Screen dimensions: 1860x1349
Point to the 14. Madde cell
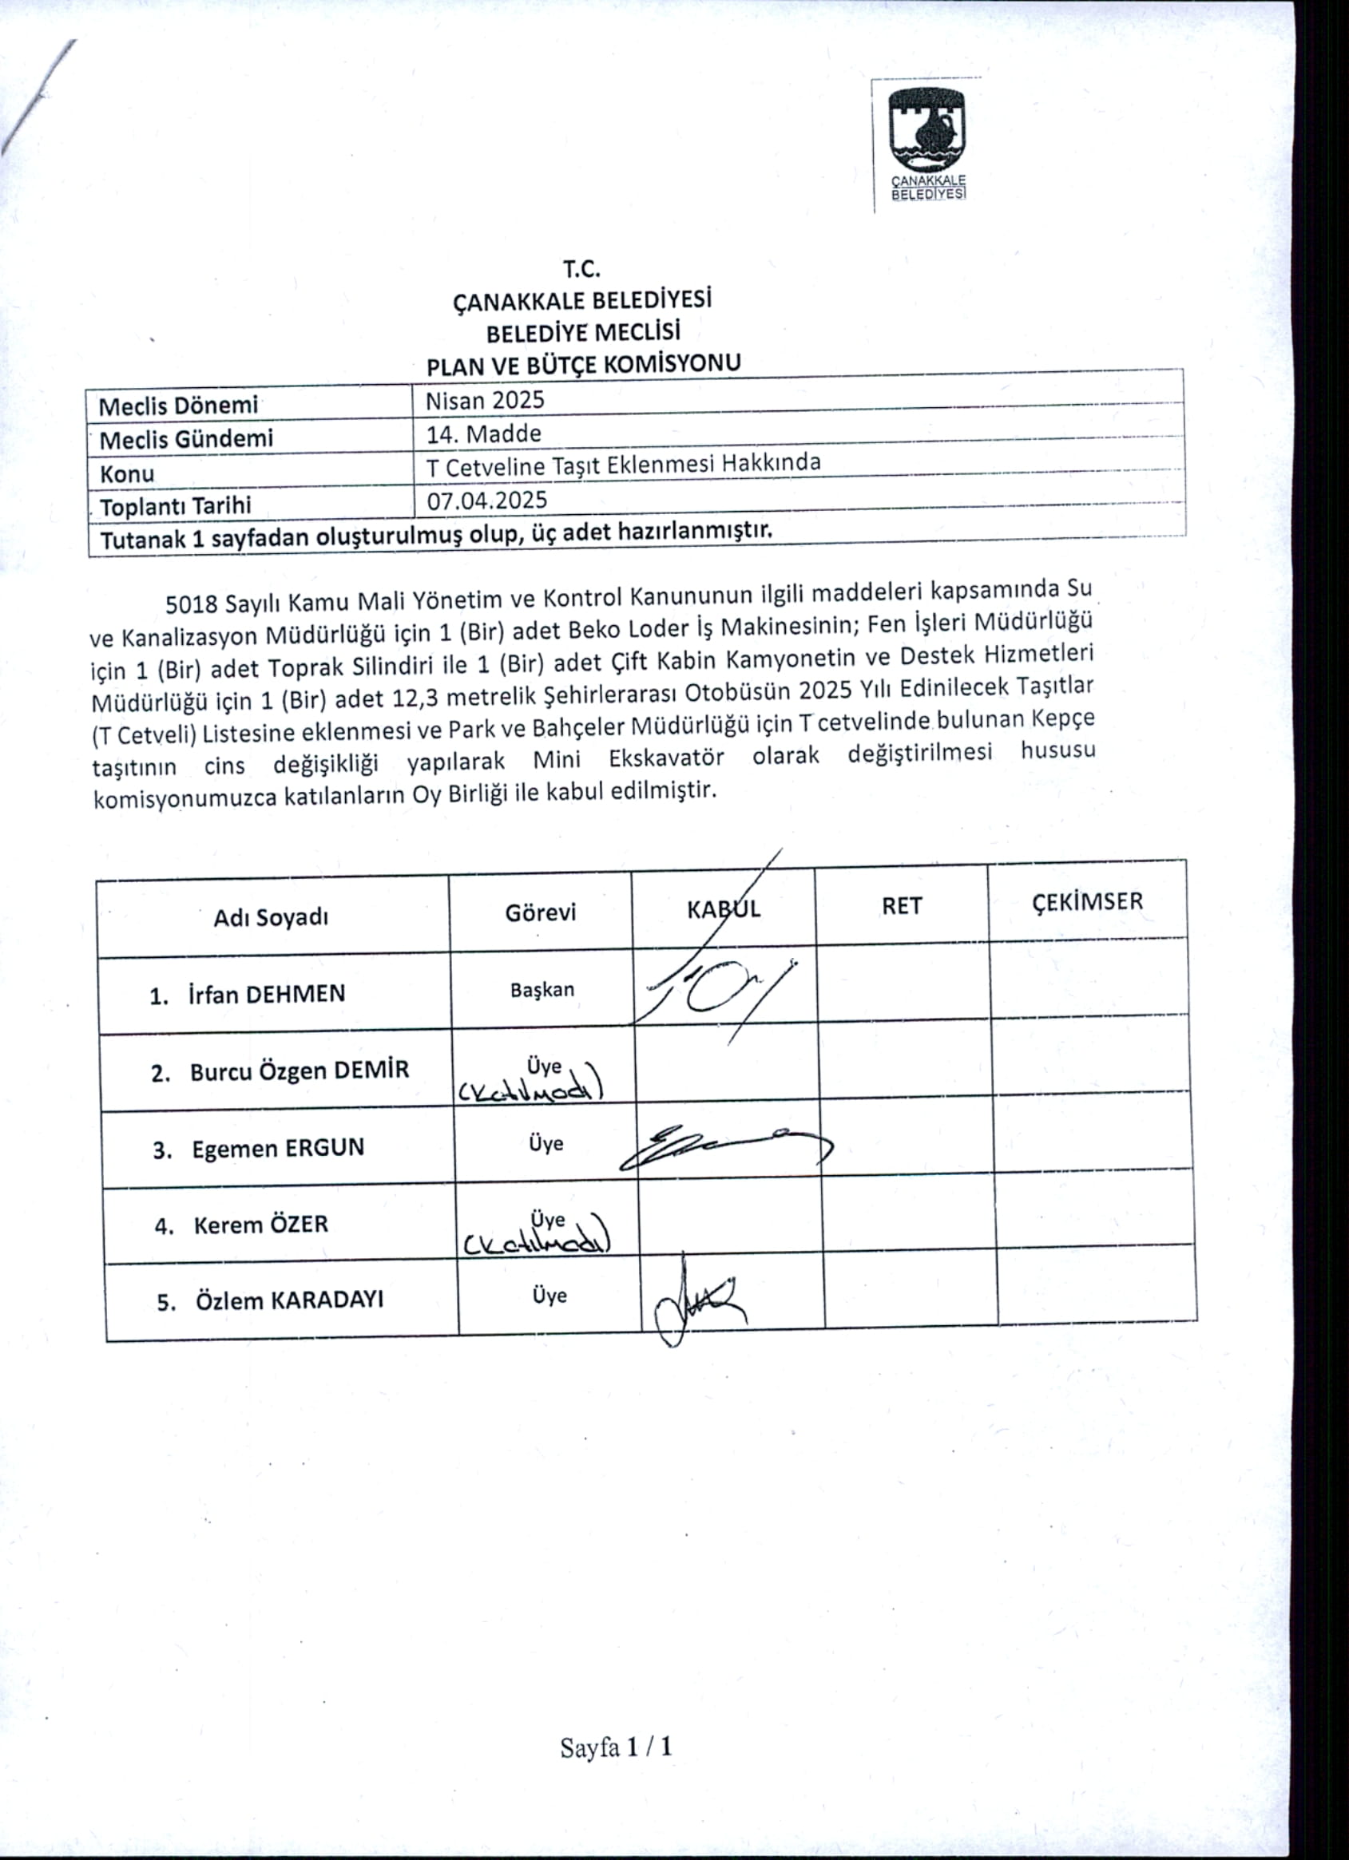483,433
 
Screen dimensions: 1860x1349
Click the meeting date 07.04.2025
487,501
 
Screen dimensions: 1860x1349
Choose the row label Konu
127,474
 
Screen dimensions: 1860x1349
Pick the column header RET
902,906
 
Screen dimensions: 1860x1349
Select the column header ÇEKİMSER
1087,902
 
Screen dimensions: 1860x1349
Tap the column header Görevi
541,912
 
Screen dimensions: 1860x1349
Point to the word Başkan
542,990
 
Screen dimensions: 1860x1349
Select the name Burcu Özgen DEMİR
299,1071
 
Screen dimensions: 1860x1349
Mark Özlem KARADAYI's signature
697,1300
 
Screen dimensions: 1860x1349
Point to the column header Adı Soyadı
271,918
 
